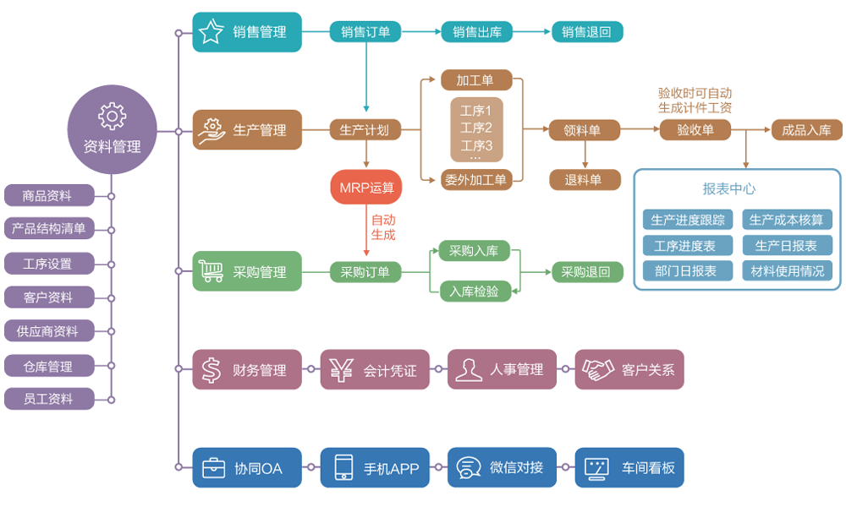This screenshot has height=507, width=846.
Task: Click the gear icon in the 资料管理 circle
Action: pyautogui.click(x=112, y=116)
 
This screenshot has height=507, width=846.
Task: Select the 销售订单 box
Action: pyautogui.click(x=365, y=32)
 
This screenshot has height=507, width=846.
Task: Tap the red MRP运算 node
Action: pyautogui.click(x=366, y=188)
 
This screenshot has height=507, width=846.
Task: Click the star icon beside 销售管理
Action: pyautogui.click(x=211, y=32)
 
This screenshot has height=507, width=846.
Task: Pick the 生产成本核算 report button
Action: pyautogui.click(x=787, y=221)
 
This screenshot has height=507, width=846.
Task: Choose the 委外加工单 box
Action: pyautogui.click(x=475, y=179)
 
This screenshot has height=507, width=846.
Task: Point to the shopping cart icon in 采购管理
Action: pyautogui.click(x=211, y=271)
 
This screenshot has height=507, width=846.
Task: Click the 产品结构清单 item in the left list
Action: pyautogui.click(x=48, y=228)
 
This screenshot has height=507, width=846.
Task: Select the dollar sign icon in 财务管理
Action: pyautogui.click(x=211, y=370)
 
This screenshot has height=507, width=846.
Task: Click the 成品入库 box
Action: pyautogui.click(x=806, y=130)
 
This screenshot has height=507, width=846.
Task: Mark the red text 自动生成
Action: pyautogui.click(x=382, y=227)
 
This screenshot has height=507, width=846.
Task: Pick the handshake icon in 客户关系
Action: pyautogui.click(x=597, y=370)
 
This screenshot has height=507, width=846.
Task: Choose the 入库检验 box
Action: pyautogui.click(x=475, y=292)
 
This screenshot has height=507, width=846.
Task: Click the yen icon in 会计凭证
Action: pyautogui.click(x=341, y=370)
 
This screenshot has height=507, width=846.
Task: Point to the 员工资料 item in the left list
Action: pyautogui.click(x=48, y=399)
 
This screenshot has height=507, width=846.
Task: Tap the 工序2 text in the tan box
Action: pyautogui.click(x=476, y=128)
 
